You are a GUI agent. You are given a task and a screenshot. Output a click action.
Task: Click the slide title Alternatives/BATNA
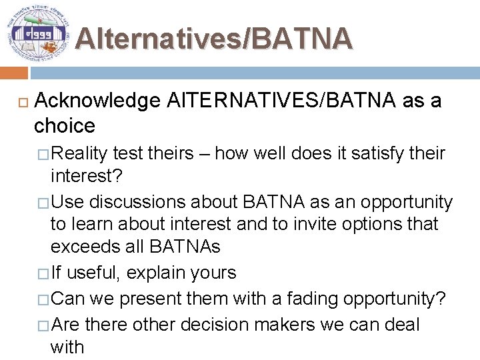pyautogui.click(x=213, y=39)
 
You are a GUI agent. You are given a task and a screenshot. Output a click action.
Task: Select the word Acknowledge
pyautogui.click(x=97, y=101)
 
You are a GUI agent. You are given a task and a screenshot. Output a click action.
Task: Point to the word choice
pyautogui.click(x=65, y=125)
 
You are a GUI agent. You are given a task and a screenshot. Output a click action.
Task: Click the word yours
pyautogui.click(x=213, y=273)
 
